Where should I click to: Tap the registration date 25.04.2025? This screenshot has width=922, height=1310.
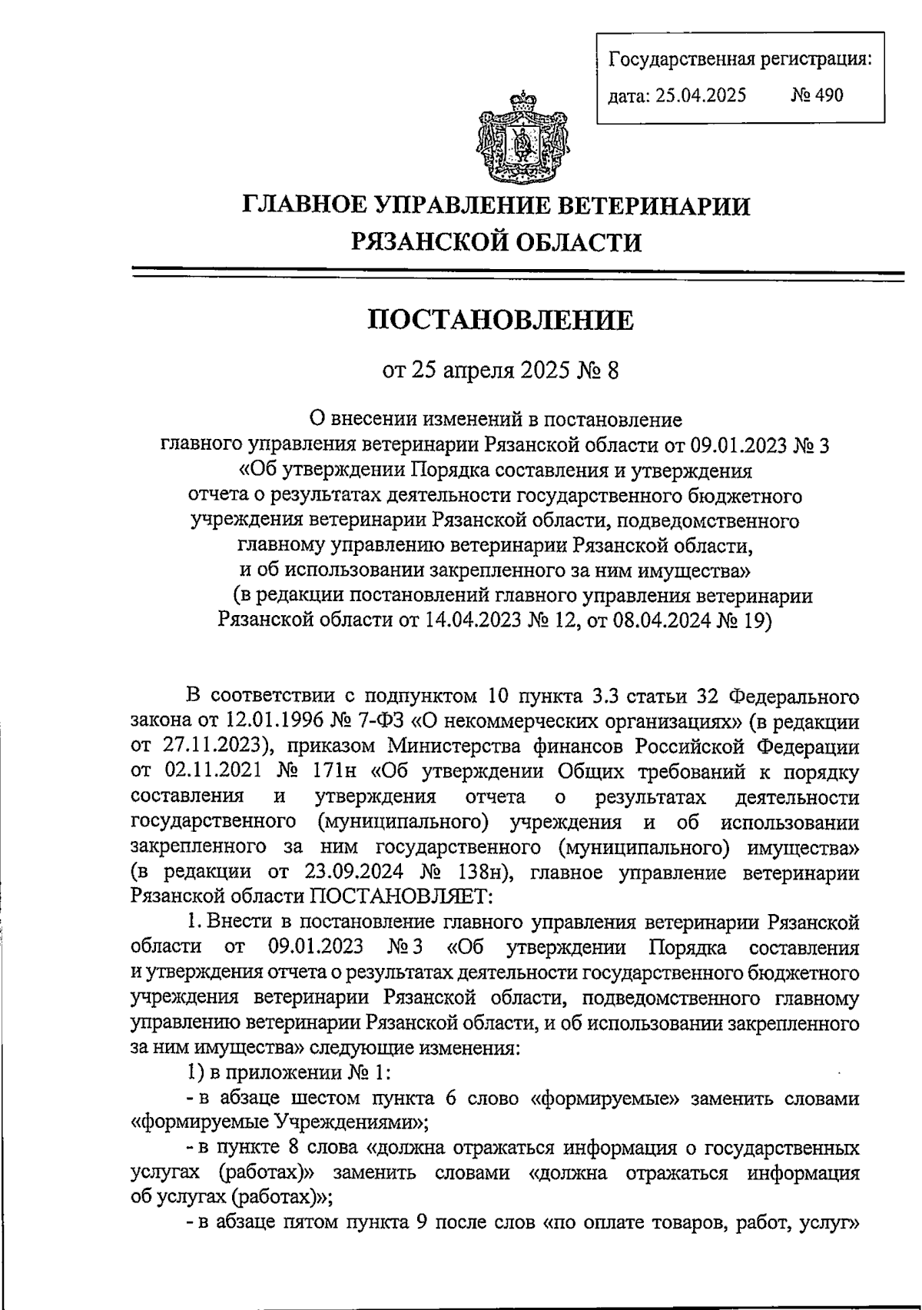698,95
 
